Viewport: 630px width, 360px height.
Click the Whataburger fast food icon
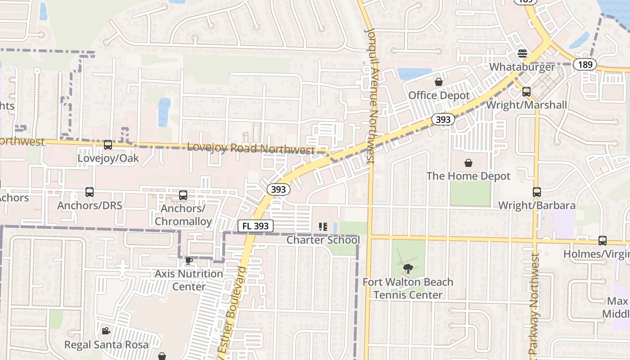click(x=522, y=54)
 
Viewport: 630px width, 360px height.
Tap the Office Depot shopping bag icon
click(x=438, y=82)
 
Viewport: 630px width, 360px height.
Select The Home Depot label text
click(x=468, y=176)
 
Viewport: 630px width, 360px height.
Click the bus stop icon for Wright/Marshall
click(x=526, y=92)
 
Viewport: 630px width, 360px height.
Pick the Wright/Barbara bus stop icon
click(x=536, y=192)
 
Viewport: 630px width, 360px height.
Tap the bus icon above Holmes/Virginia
click(x=602, y=241)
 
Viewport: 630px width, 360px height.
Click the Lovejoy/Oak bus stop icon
click(x=108, y=145)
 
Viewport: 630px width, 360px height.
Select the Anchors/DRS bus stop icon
click(x=90, y=192)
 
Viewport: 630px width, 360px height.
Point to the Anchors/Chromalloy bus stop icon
click(x=183, y=195)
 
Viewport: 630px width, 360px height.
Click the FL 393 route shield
click(x=256, y=226)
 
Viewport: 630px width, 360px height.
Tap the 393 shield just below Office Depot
click(x=443, y=119)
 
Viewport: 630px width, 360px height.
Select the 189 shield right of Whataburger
click(x=585, y=64)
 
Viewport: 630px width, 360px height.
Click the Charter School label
click(x=323, y=240)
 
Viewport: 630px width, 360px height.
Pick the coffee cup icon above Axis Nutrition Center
click(x=189, y=261)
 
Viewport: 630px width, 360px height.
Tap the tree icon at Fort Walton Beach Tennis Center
click(x=408, y=269)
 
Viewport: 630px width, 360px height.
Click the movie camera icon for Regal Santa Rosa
click(x=106, y=331)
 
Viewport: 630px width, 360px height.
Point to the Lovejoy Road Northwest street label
click(x=251, y=148)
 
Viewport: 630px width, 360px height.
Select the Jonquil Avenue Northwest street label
click(x=372, y=94)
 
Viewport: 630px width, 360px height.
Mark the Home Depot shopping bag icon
click(x=468, y=162)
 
